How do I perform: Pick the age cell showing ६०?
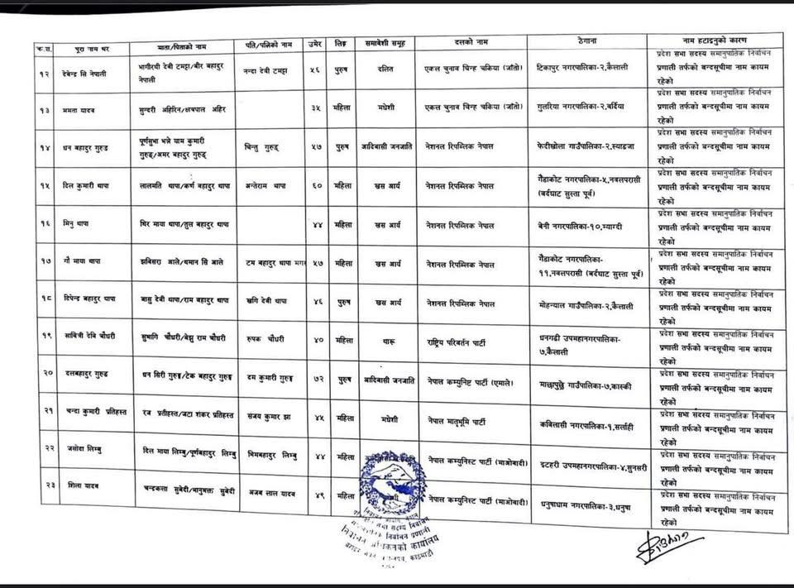(317, 188)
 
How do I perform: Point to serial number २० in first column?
(48, 374)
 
